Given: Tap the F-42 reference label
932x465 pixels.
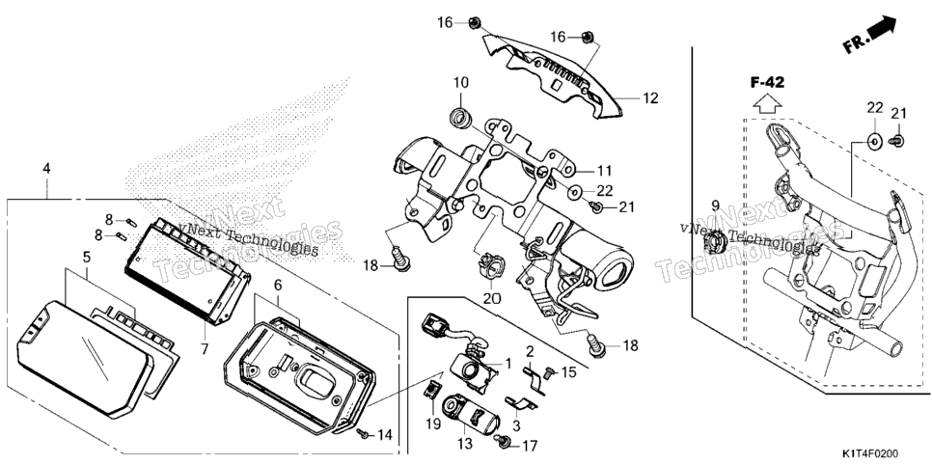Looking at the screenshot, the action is (x=767, y=83).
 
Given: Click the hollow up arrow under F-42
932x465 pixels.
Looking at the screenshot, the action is (x=767, y=103).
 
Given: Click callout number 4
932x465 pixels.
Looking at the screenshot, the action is (x=46, y=168).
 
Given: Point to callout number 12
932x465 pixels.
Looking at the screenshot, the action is (x=651, y=98).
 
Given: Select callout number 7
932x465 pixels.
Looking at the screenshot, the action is (x=206, y=349).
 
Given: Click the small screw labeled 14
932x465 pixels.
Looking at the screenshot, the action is (x=362, y=433).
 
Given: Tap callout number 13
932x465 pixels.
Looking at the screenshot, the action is (x=465, y=443).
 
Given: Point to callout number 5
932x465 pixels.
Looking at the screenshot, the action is (x=87, y=258).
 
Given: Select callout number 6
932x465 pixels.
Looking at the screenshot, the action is (x=277, y=286).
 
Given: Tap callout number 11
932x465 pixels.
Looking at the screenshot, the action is (x=604, y=172).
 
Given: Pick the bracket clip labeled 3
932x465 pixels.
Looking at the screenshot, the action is (x=521, y=404).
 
